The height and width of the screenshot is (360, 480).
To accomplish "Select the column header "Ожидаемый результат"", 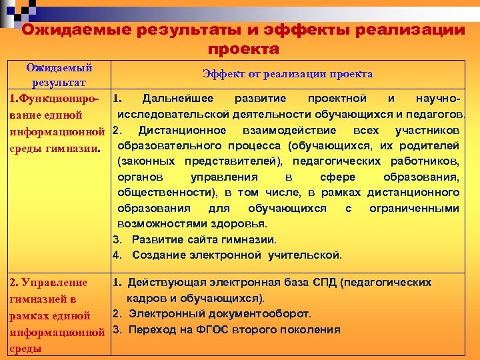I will click(59, 75).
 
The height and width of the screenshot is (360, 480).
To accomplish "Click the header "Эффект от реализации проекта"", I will click(287, 74).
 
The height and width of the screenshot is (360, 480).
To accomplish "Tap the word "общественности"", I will click(167, 193).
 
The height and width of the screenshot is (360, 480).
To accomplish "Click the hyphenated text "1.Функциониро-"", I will click(51, 99).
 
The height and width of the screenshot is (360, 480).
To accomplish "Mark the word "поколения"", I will click(309, 329).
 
